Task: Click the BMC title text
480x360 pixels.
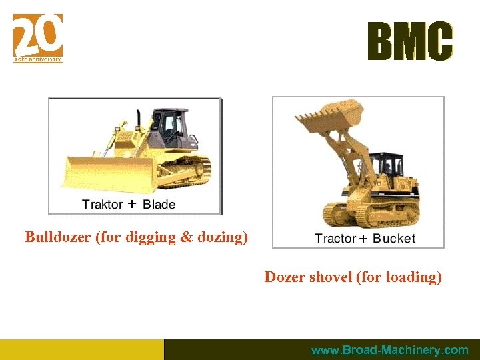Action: tap(410, 41)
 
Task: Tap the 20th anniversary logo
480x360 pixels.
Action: tap(38, 37)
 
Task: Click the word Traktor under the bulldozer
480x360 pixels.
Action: tap(101, 204)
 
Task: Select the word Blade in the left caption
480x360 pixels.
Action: tap(159, 204)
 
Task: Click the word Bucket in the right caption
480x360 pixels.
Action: tap(394, 238)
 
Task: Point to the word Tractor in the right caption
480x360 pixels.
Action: tap(335, 238)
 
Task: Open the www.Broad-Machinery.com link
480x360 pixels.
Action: tap(390, 350)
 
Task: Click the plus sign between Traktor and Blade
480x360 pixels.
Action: tap(131, 204)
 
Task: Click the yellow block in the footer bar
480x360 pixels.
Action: tap(81, 349)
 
